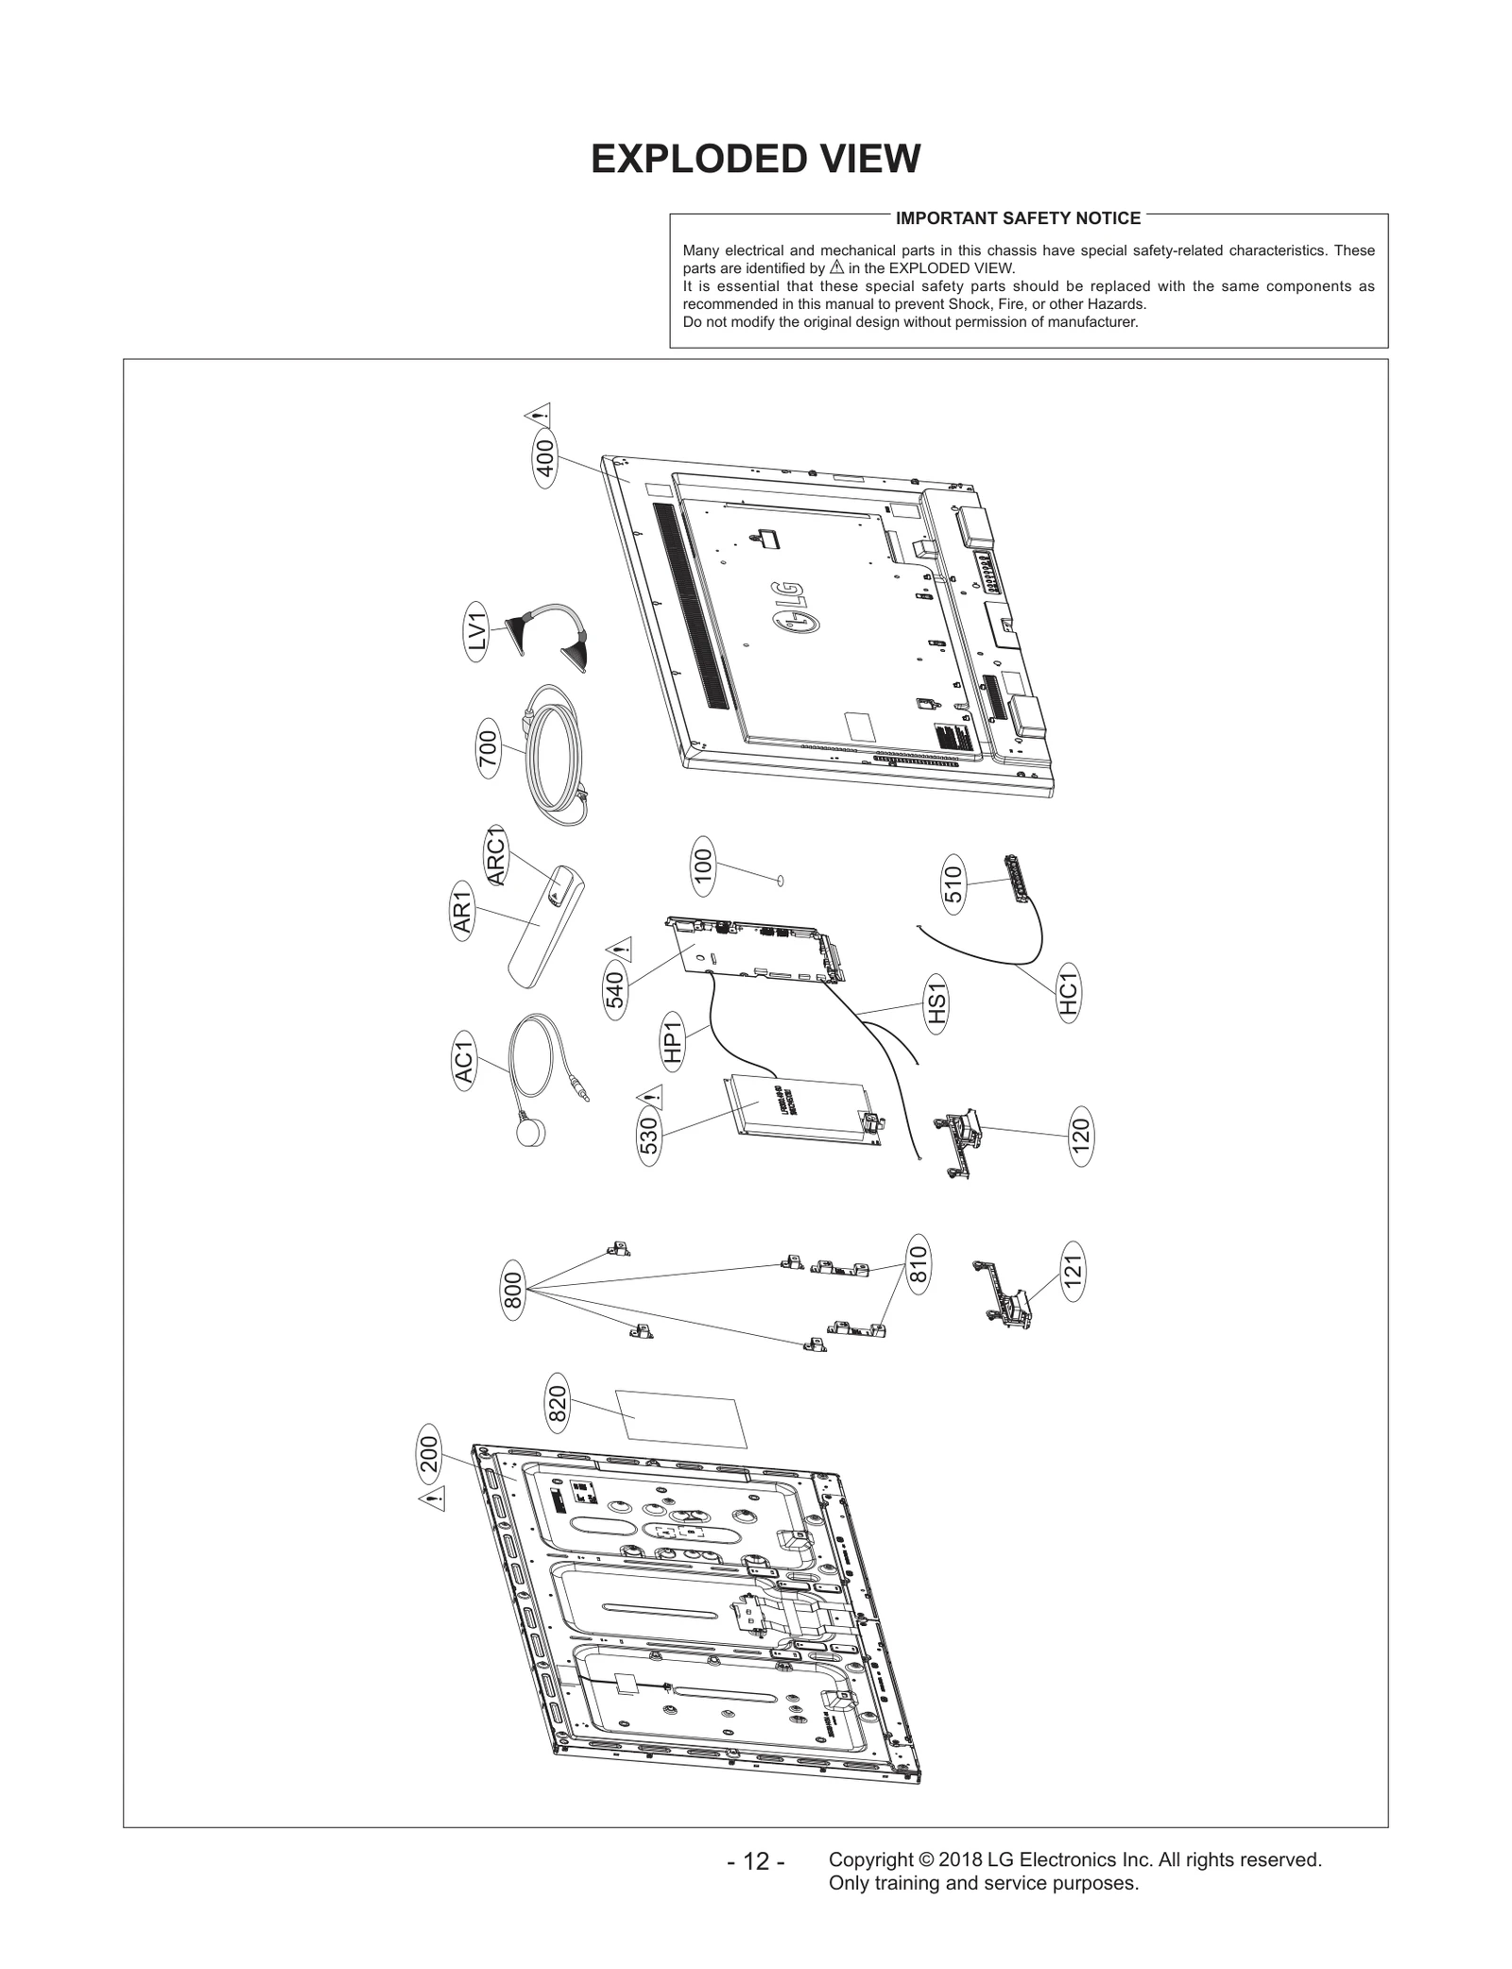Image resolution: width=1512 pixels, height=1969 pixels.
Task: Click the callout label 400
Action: click(544, 461)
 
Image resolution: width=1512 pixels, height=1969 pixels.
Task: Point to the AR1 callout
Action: click(462, 909)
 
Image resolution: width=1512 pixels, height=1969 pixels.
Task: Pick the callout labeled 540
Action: click(615, 990)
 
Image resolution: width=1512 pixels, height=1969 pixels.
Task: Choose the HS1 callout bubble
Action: click(936, 1005)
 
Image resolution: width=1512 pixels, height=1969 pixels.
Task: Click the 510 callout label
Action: click(953, 884)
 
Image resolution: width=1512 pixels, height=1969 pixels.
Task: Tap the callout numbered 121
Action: click(1073, 1272)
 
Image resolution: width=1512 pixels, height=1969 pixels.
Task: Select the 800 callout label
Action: click(512, 1290)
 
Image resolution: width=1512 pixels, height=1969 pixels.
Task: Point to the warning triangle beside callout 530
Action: click(649, 1097)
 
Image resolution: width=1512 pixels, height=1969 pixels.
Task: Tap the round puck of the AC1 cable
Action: click(531, 1132)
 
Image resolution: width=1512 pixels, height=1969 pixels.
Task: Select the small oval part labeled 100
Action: click(781, 881)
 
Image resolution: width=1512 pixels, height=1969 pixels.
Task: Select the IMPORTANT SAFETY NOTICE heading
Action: click(1018, 218)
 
